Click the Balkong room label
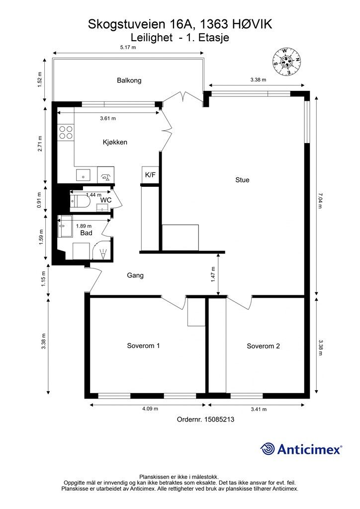[x=129, y=80]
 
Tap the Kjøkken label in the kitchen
[x=115, y=142]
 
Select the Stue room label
[x=242, y=180]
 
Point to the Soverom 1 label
[x=143, y=345]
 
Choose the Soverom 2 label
[x=263, y=346]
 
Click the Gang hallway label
[x=135, y=275]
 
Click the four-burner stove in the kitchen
[x=66, y=132]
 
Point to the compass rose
[x=286, y=62]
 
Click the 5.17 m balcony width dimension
[x=128, y=47]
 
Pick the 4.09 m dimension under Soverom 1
[x=150, y=409]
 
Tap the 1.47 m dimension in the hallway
[x=213, y=274]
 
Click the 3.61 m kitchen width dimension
[x=108, y=118]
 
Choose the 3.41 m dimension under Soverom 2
[x=259, y=410]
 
